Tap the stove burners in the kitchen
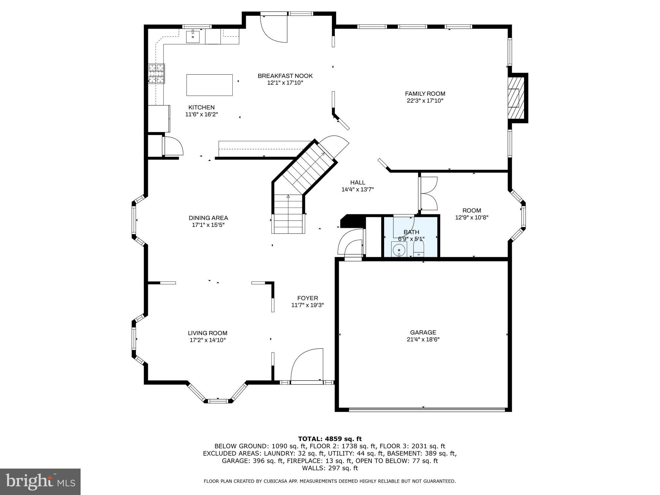pos(156,73)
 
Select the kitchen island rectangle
pos(209,85)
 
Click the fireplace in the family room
pos(515,98)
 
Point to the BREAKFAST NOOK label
pos(285,76)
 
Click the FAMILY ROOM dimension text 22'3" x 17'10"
pos(425,101)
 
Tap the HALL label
pos(357,182)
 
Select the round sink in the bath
pos(399,249)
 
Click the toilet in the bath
pos(419,250)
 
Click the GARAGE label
pos(423,332)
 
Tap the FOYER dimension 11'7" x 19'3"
pos(307,305)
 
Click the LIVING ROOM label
pos(208,333)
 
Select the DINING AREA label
pos(208,218)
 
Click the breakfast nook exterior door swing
pos(274,30)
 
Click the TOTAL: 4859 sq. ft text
pos(330,439)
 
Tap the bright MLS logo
pos(40,481)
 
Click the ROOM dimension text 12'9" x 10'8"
pos(471,218)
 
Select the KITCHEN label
pos(201,107)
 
